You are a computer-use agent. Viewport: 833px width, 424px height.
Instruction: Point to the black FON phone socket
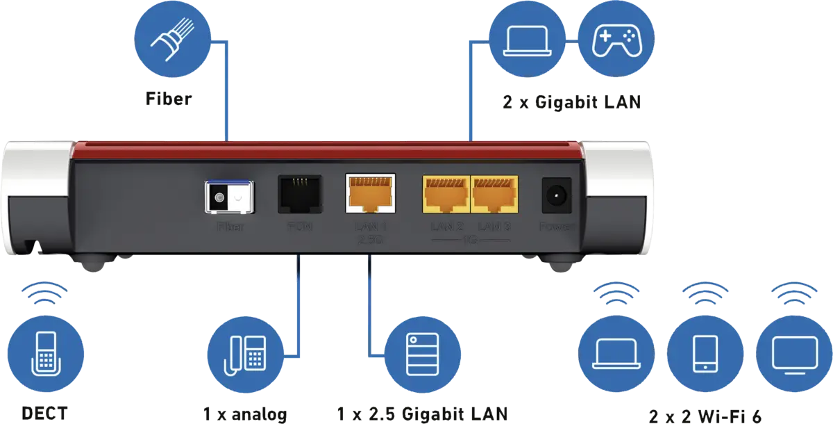pos(299,194)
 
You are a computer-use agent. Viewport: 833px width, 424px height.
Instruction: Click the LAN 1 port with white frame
pos(370,194)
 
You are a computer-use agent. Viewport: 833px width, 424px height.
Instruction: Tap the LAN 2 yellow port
pos(444,194)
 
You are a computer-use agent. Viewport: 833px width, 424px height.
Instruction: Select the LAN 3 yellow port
pos(494,194)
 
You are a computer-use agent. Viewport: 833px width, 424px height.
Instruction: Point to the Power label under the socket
pos(556,227)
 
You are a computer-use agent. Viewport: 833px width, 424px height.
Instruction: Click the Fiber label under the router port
pos(230,227)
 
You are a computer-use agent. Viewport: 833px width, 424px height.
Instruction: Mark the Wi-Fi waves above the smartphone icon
pos(705,294)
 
